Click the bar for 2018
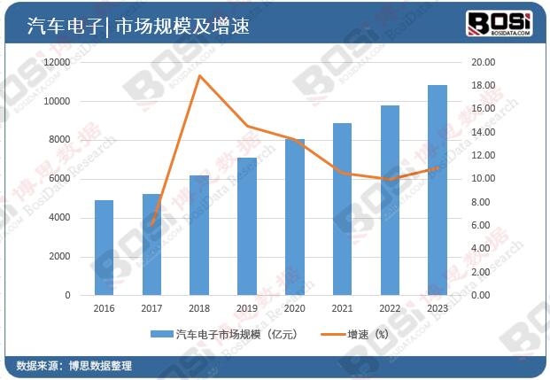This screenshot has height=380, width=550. click(199, 235)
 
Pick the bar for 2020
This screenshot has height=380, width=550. click(294, 217)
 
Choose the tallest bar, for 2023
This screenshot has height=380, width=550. click(437, 190)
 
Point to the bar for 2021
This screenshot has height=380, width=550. click(342, 209)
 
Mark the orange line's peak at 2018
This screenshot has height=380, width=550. click(199, 75)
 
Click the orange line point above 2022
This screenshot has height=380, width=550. click(389, 179)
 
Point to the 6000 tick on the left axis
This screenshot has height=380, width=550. click(60, 179)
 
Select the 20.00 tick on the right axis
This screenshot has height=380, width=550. click(483, 62)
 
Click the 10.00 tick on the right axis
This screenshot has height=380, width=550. click(483, 179)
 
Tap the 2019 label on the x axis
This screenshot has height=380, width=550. click(246, 309)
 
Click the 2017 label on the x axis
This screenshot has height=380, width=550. click(151, 309)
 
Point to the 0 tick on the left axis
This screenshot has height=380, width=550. click(68, 295)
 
